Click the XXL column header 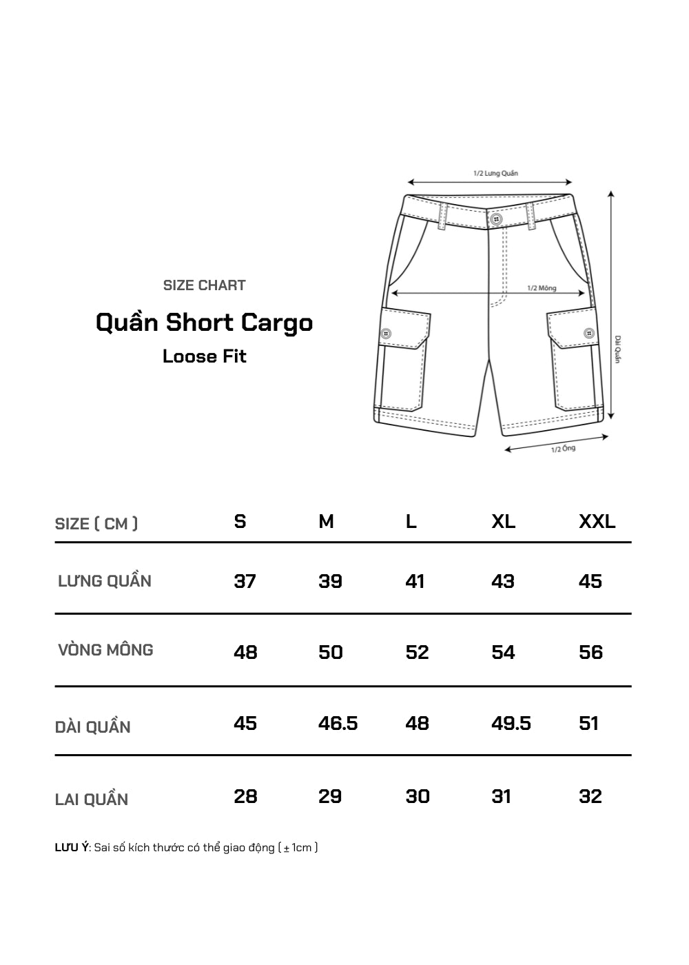597,522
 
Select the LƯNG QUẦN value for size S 245,581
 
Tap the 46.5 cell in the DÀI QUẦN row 338,723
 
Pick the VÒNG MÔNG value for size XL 503,652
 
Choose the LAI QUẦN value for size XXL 590,796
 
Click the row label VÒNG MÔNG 105,650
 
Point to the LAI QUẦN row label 92,800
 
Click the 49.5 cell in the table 511,723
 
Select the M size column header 326,522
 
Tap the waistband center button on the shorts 495,219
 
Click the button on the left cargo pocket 386,334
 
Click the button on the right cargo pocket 588,334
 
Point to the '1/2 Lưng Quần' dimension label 495,173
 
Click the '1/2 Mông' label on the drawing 542,288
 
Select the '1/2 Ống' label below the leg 563,449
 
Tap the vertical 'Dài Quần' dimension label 618,349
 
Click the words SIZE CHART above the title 204,285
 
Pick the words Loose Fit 204,356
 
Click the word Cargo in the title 277,323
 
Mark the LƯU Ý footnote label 71,847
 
